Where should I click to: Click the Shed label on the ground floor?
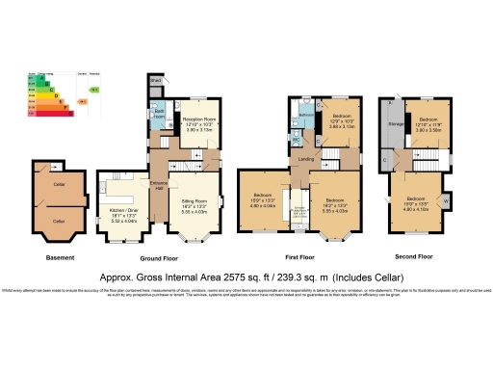[154, 82]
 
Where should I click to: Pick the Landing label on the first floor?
[305, 159]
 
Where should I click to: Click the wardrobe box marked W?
[445, 199]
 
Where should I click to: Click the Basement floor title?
[60, 257]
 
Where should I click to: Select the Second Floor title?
[413, 257]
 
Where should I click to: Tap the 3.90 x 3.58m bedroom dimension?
[428, 126]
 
